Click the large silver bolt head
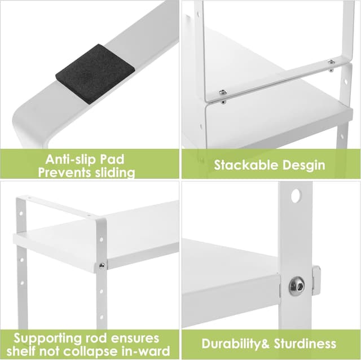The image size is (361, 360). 297,287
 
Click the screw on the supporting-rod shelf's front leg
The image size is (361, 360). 102,265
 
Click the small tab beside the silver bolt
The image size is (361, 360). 316,280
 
